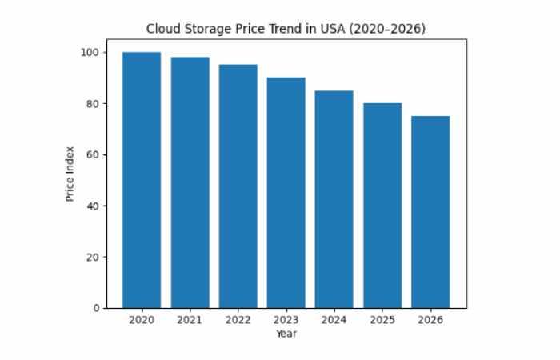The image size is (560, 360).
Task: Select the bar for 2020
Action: pyautogui.click(x=142, y=180)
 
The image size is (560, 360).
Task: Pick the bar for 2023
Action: pyautogui.click(x=286, y=192)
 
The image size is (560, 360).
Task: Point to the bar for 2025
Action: pyautogui.click(x=382, y=205)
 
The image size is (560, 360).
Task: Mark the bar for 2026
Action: pyautogui.click(x=430, y=211)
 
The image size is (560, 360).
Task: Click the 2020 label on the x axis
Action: pyautogui.click(x=142, y=320)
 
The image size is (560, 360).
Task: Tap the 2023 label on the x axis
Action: pyautogui.click(x=286, y=320)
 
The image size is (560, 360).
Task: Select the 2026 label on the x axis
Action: pyautogui.click(x=430, y=320)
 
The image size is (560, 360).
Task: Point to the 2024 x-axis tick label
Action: pyautogui.click(x=334, y=320)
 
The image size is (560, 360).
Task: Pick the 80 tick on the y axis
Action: pyautogui.click(x=94, y=104)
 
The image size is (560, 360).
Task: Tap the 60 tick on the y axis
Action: pyautogui.click(x=94, y=155)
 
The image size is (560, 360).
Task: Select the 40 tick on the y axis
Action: pyautogui.click(x=94, y=206)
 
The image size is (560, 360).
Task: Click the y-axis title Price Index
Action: pyautogui.click(x=70, y=173)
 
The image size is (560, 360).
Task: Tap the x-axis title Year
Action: pyautogui.click(x=286, y=333)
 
